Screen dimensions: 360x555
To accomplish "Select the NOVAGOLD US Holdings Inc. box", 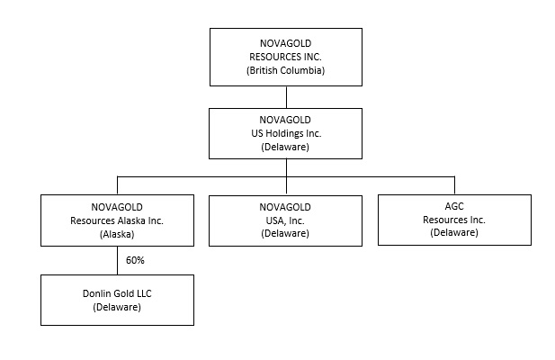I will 286,133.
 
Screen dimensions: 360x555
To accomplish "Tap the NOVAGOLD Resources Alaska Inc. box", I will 117,220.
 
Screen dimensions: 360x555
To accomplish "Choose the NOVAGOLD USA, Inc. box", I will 286,220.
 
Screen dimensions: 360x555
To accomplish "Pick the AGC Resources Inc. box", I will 454,219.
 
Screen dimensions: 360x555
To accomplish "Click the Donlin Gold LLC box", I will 117,300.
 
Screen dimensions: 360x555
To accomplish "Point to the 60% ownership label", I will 136,260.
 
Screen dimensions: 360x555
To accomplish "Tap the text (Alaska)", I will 117,233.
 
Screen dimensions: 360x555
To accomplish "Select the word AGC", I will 454,205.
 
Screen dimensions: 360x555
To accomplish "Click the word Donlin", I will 94,293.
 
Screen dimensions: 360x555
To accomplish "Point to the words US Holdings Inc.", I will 286,133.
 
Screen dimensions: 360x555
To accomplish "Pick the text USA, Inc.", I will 286,220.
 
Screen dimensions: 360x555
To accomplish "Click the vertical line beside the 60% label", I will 117,260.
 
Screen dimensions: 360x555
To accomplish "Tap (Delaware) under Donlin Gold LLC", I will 117,307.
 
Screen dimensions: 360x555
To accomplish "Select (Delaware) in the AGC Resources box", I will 454,232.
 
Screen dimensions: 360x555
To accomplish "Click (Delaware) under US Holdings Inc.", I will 286,147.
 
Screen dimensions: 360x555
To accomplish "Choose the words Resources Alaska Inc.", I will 117,220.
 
